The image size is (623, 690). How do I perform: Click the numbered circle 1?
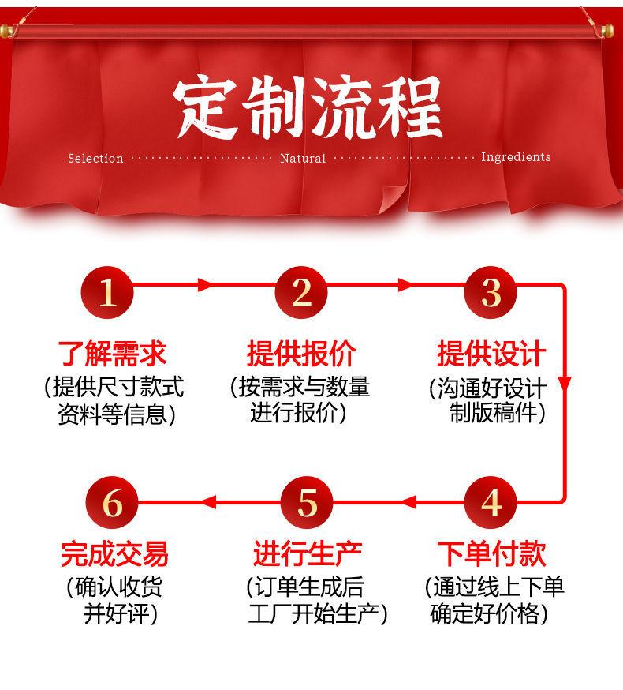click(108, 293)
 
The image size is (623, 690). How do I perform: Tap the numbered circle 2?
click(301, 293)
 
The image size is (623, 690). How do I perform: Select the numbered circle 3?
click(491, 293)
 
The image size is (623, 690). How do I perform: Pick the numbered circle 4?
click(491, 502)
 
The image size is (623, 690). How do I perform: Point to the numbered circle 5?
click(308, 502)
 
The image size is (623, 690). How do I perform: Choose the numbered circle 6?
click(112, 502)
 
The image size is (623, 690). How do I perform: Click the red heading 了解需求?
click(113, 353)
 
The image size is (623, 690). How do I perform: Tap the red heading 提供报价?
click(301, 353)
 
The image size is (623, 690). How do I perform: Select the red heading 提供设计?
click(491, 353)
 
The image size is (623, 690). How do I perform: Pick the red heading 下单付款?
click(491, 553)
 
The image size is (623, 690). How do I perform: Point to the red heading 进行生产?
click(308, 553)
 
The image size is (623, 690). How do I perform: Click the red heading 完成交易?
click(114, 553)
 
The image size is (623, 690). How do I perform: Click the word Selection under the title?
click(95, 159)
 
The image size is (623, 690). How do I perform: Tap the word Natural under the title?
click(303, 159)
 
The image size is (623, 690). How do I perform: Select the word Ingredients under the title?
click(516, 157)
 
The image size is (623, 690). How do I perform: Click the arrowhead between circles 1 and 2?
click(207, 285)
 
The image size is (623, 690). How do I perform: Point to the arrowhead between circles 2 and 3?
click(405, 285)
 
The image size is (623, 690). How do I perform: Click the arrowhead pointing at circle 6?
click(206, 501)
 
